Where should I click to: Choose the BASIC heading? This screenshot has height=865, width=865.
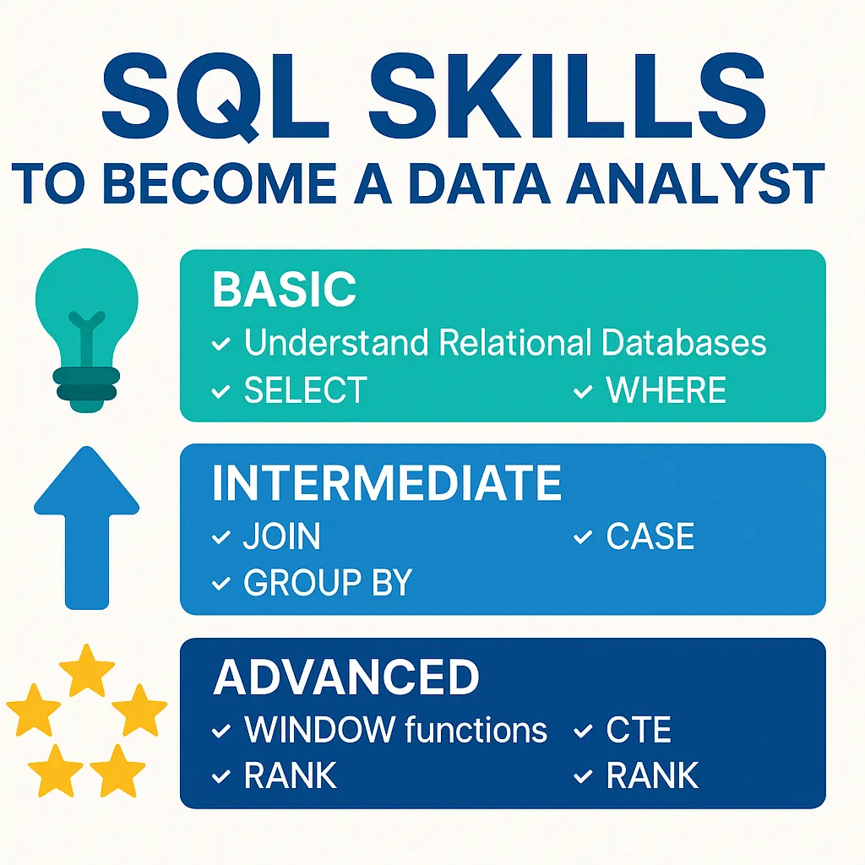tap(284, 291)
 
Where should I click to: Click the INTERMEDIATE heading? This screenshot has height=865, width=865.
tap(387, 484)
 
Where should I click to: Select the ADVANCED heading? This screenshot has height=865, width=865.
tap(346, 677)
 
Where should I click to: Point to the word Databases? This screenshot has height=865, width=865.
tap(683, 343)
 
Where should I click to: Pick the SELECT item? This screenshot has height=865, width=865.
tap(305, 391)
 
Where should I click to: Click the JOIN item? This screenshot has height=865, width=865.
tap(281, 537)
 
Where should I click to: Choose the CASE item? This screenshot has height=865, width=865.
tap(650, 537)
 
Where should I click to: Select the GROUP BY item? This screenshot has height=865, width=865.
tap(328, 583)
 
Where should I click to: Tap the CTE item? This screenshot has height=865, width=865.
tap(639, 730)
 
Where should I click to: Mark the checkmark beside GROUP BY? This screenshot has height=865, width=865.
tap(221, 583)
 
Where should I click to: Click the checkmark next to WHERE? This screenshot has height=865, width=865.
tap(583, 391)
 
